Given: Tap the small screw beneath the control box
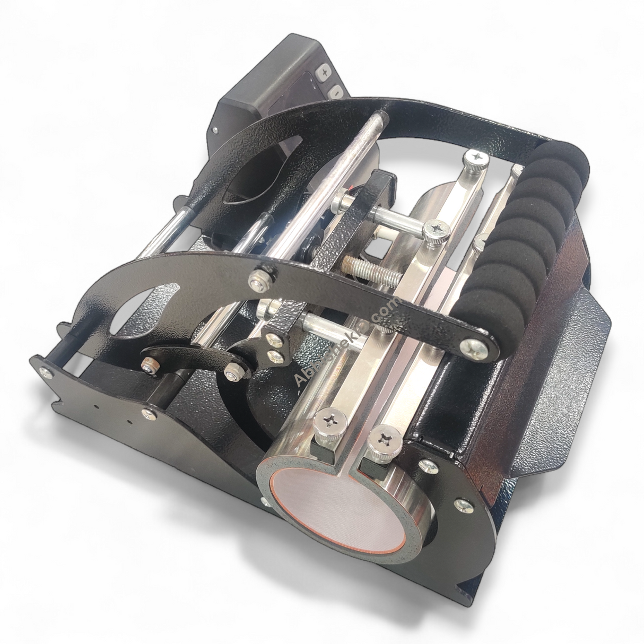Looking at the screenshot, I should pyautogui.click(x=216, y=128).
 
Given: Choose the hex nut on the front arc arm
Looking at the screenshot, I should pyautogui.click(x=260, y=277).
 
